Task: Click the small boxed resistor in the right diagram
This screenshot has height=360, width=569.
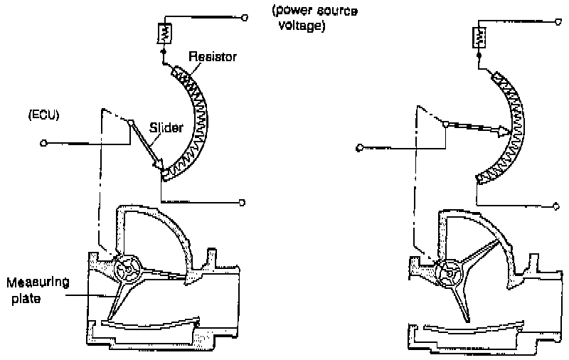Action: coord(478,36)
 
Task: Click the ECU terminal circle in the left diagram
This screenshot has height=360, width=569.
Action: coord(43,142)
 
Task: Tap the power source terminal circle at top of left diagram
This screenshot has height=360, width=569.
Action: coord(244,16)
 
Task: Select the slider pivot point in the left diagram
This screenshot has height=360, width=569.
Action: coord(131,122)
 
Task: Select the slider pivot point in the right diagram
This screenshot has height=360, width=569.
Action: coord(445,124)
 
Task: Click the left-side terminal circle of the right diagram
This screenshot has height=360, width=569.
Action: coord(360,148)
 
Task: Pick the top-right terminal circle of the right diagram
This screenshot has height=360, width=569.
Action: coord(556,23)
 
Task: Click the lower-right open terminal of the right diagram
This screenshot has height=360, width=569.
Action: coord(556,206)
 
